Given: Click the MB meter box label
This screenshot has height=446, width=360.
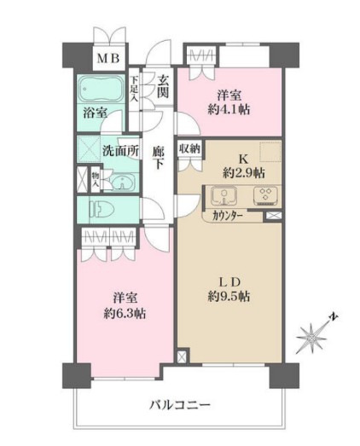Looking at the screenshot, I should (x=107, y=58).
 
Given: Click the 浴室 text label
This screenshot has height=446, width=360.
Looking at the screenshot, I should (x=94, y=112).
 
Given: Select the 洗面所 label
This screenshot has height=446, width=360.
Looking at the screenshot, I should (x=121, y=149).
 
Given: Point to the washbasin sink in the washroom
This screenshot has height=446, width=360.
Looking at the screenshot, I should (x=122, y=182).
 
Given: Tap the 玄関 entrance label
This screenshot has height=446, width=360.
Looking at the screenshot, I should (x=163, y=85).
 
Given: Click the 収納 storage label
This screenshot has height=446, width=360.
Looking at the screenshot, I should (x=189, y=148).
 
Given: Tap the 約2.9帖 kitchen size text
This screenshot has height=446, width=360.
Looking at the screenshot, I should (x=241, y=172).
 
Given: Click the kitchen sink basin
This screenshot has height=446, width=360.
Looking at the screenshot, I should (x=221, y=195).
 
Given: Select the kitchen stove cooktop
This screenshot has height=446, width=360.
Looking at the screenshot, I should (x=264, y=195).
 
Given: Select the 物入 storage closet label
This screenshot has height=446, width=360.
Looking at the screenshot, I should (x=94, y=180).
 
